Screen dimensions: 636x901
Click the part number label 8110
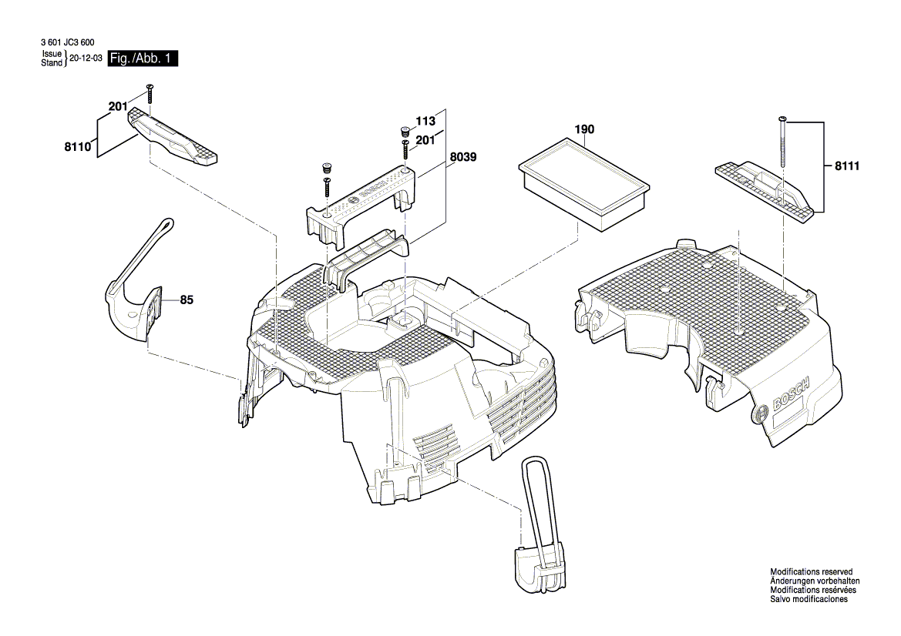[x=79, y=144]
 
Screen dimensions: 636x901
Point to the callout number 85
[x=186, y=300]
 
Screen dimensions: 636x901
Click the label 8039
[x=463, y=156]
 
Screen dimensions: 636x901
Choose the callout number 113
[x=425, y=121]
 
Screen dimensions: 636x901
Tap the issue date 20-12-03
[x=86, y=59]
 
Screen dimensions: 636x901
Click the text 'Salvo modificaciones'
[x=809, y=599]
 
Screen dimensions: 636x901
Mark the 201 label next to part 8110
[x=118, y=107]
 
